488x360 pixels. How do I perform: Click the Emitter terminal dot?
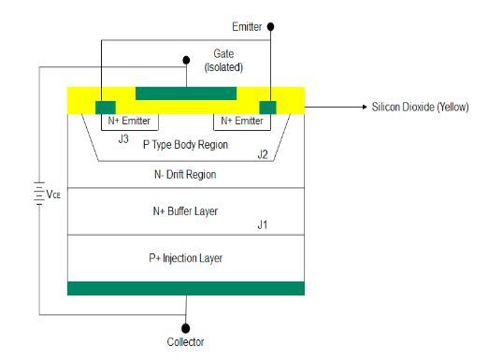[271, 28]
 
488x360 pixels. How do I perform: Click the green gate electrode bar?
[185, 94]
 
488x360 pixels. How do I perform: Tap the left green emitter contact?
[106, 106]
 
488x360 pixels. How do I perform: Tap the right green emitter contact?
[269, 106]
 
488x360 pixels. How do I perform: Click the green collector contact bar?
[185, 288]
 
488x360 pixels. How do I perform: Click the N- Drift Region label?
[185, 175]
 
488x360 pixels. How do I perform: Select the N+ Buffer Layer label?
[185, 211]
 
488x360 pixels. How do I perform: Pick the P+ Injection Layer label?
[185, 257]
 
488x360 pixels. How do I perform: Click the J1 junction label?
[264, 225]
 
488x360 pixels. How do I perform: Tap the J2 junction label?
[264, 154]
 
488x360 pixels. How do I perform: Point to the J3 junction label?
[122, 139]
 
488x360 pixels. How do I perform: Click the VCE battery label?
[51, 195]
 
